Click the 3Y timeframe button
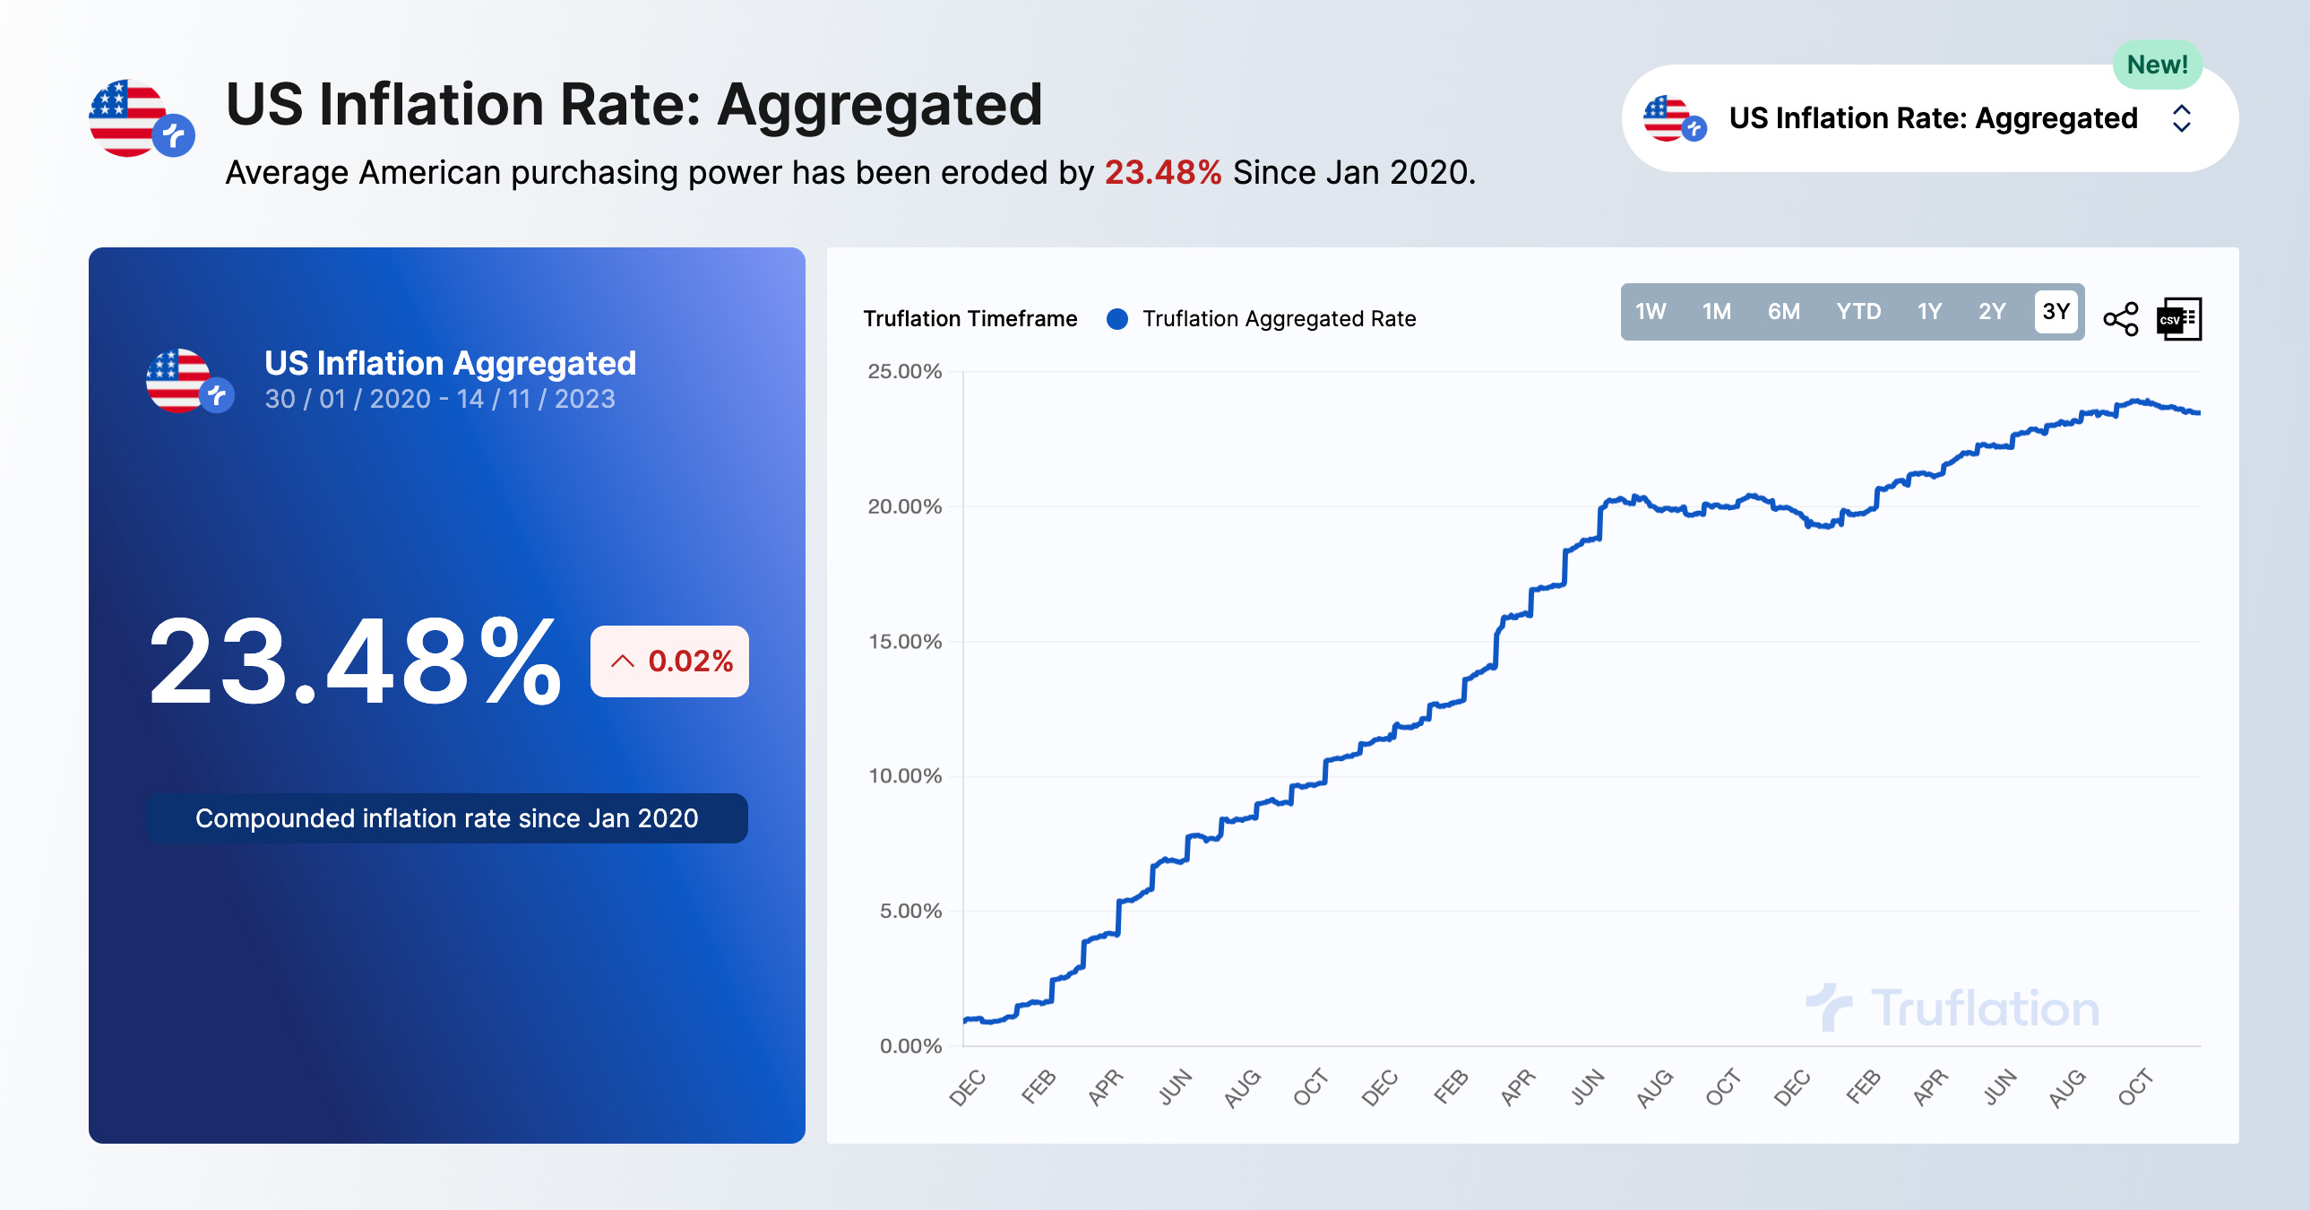2055,311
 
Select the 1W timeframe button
1649,311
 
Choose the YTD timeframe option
1857,311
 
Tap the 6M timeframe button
1783,311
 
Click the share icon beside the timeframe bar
2120,318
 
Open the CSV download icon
2178,318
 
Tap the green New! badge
2157,65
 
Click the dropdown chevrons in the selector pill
2181,118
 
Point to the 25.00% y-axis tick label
904,371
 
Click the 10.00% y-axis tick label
904,776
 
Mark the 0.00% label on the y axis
909,1046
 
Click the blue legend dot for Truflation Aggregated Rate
1116,319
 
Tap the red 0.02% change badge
670,661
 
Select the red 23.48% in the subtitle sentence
1162,172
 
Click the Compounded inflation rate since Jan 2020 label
446,818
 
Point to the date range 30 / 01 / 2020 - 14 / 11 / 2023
439,398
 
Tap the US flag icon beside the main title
130,118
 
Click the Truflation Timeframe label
970,319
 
